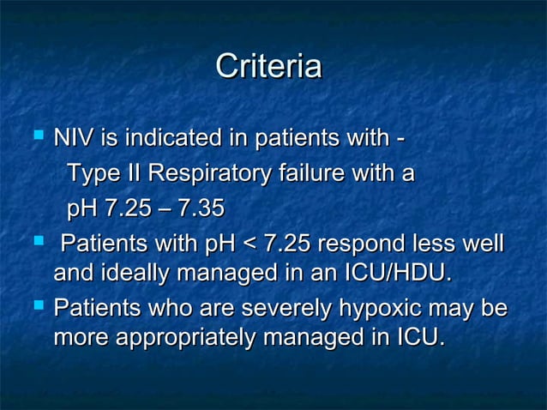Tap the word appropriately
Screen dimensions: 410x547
click(x=185, y=338)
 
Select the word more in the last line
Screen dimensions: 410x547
click(x=81, y=338)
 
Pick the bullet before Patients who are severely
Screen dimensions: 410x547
click(x=37, y=304)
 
